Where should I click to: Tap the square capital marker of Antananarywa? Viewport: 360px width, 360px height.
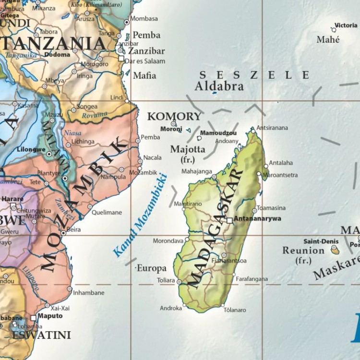tap(230, 220)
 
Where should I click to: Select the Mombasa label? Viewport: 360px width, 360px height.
tap(144, 19)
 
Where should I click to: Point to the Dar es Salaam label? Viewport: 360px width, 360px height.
tap(144, 61)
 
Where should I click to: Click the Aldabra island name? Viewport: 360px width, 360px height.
tap(219, 86)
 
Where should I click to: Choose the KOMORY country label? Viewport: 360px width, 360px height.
tap(174, 116)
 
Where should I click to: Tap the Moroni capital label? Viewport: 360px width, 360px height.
tap(171, 129)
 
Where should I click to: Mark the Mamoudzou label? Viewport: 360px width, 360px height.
tap(218, 132)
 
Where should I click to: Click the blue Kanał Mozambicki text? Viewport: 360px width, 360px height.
tap(139, 214)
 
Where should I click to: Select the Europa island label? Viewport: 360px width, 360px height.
tap(152, 268)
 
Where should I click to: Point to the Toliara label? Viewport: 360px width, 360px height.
tap(167, 279)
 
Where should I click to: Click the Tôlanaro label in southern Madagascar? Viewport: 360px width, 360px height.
tap(235, 310)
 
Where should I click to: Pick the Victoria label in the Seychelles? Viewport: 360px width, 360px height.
tap(346, 25)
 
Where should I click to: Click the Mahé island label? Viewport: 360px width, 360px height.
tap(328, 39)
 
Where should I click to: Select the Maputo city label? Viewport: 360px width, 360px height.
tap(50, 316)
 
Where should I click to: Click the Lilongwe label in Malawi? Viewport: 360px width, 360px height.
tap(31, 149)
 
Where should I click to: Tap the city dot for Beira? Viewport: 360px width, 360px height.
tap(63, 233)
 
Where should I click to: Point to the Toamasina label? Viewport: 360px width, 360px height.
tap(271, 208)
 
